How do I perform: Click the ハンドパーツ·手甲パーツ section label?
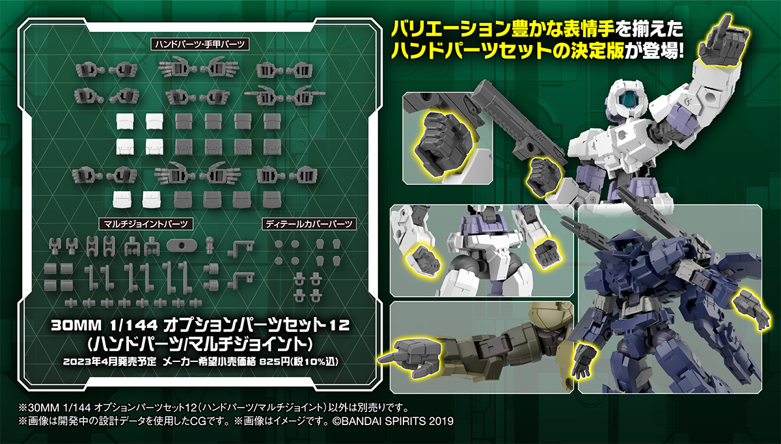point(200,44)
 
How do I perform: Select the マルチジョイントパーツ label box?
point(146,223)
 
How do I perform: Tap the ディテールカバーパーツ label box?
point(309,223)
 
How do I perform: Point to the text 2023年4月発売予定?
point(109,362)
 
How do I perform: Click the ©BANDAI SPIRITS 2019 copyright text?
point(393,421)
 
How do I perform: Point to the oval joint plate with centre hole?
point(182,245)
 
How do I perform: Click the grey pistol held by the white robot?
point(516,118)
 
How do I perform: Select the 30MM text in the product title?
point(76,326)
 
